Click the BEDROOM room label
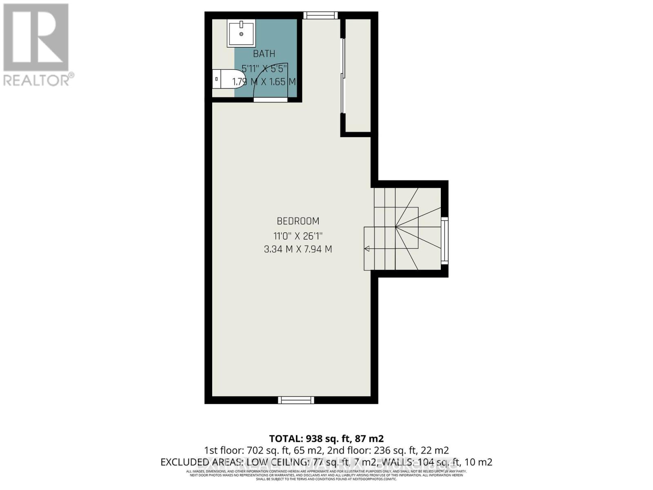coord(298,221)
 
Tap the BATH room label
coord(264,54)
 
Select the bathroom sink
coord(241,34)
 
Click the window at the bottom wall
coord(296,400)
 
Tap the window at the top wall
coord(320,16)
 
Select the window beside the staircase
coord(444,241)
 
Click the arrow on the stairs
coord(367,248)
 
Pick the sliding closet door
coord(343,76)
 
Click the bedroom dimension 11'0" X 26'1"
coord(298,236)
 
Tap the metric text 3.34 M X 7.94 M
coord(298,249)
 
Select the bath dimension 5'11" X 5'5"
coord(264,68)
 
